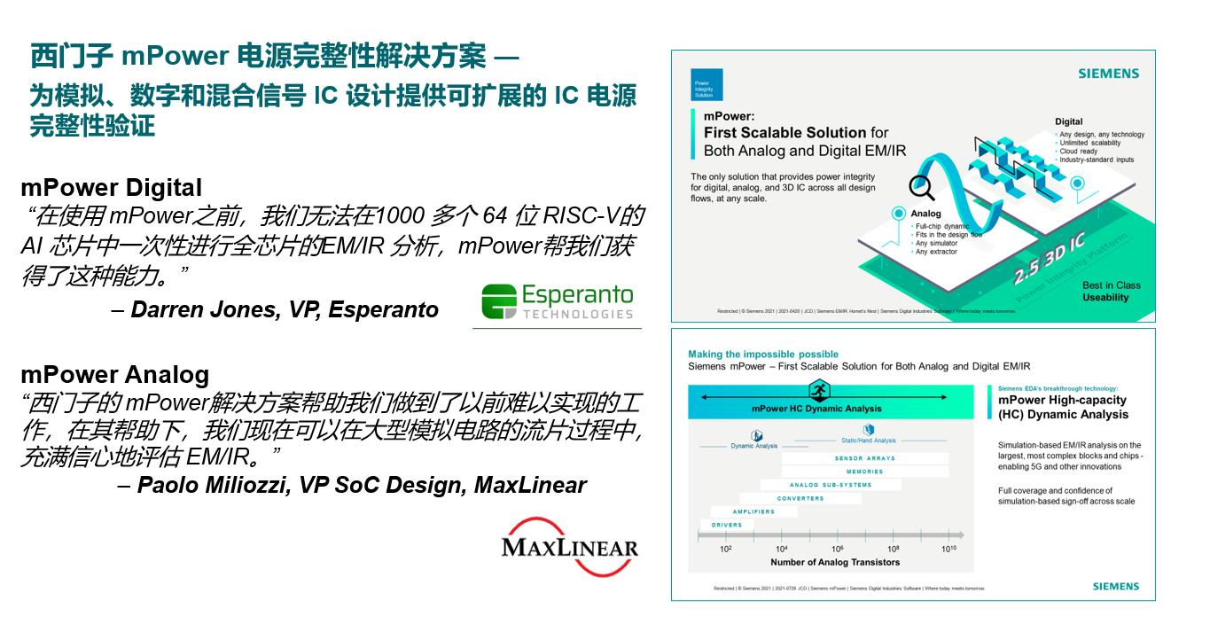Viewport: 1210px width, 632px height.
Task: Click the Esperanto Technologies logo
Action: pos(558,301)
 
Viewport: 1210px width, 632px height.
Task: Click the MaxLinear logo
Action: pos(569,542)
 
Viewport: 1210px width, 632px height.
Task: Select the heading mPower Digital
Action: pos(111,188)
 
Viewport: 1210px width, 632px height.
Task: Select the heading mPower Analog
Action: pos(114,374)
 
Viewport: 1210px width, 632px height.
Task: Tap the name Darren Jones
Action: pos(191,309)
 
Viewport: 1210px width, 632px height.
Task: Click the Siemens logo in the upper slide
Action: pos(1108,74)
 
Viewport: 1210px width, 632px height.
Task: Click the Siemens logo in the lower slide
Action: pos(1115,587)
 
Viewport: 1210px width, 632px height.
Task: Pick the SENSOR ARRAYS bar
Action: pos(864,458)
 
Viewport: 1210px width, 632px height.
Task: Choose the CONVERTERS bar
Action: pos(800,499)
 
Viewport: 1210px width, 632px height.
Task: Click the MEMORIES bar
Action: pos(864,472)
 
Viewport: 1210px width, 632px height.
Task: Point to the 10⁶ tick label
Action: pos(837,550)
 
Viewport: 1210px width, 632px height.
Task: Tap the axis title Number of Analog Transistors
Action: pos(834,562)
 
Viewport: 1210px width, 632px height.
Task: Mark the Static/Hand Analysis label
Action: pos(868,441)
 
